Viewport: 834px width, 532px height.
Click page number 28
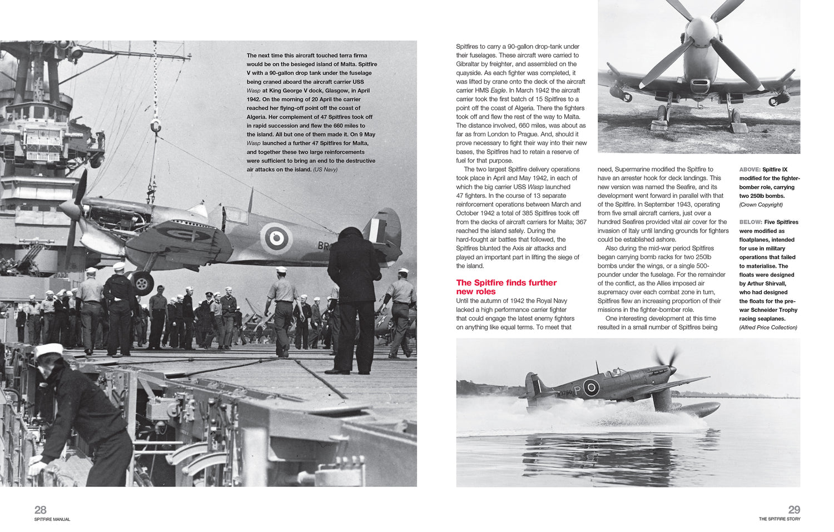click(41, 510)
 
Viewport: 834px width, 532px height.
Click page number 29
click(794, 510)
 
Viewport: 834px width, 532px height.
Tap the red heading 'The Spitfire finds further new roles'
click(506, 287)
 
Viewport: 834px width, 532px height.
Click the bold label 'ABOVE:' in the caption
click(749, 170)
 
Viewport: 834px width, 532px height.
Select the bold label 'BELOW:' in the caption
click(749, 222)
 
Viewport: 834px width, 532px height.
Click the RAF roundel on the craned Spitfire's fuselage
click(276, 238)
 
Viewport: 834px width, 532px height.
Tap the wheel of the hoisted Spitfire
click(142, 283)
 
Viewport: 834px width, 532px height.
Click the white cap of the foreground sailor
click(49, 351)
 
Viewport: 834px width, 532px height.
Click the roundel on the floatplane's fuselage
click(590, 387)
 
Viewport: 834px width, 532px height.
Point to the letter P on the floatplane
click(577, 390)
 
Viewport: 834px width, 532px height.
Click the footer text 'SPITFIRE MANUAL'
click(52, 519)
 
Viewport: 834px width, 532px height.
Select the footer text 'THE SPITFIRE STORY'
click(780, 519)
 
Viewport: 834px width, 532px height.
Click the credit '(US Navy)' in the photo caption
click(325, 170)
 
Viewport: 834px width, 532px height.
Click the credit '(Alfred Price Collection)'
click(768, 327)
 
